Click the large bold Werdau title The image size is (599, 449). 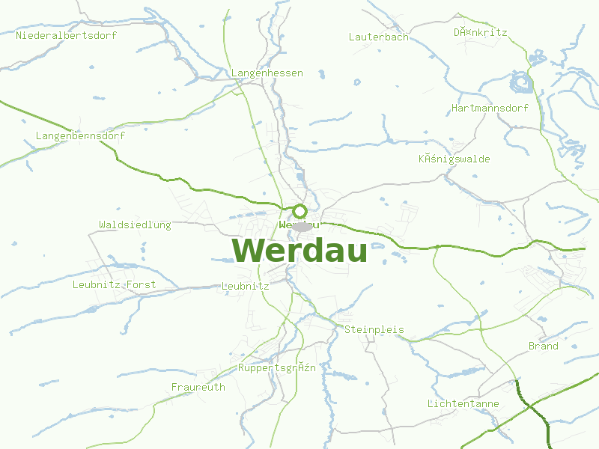click(x=299, y=251)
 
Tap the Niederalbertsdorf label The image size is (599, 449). click(x=61, y=35)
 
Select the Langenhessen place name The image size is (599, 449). click(x=267, y=73)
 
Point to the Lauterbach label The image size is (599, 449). click(x=379, y=37)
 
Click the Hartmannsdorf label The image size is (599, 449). click(x=490, y=108)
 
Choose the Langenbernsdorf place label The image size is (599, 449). click(x=80, y=136)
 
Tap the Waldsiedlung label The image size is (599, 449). click(x=135, y=224)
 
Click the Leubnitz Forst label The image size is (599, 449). click(x=114, y=284)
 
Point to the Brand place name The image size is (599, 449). click(x=543, y=346)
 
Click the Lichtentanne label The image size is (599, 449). click(x=463, y=403)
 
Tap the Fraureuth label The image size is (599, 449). click(x=198, y=387)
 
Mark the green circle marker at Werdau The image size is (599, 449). click(x=299, y=211)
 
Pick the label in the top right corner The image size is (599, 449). click(x=480, y=33)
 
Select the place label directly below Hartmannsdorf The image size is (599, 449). click(x=454, y=159)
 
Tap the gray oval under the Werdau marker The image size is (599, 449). click(x=302, y=226)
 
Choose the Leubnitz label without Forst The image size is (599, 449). click(x=245, y=286)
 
